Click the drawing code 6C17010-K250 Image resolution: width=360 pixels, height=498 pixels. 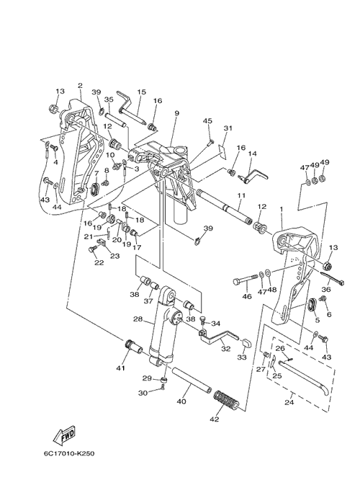[69, 453]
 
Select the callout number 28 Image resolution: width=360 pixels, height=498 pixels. [138, 319]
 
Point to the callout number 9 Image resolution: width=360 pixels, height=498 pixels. [176, 113]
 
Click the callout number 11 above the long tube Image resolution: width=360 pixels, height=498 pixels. [241, 195]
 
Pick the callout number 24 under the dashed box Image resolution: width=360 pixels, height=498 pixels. [289, 402]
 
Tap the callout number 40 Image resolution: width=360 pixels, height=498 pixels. [181, 401]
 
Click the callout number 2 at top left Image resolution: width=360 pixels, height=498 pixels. [80, 85]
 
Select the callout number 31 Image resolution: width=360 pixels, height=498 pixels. [228, 128]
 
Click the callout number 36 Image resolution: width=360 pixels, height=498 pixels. [326, 289]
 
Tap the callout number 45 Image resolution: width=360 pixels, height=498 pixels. [208, 121]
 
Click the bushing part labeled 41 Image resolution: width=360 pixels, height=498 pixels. [133, 347]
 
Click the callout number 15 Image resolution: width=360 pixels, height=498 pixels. [141, 92]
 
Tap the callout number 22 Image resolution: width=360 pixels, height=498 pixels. [99, 262]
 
